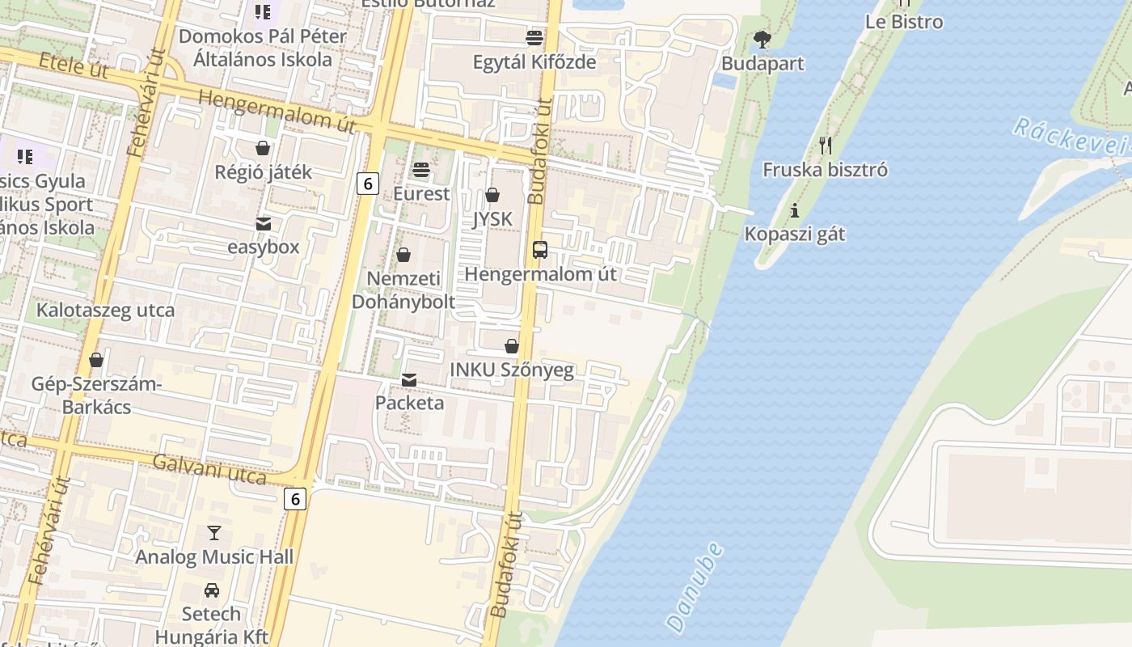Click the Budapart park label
tap(762, 63)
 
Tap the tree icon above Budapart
tap(762, 39)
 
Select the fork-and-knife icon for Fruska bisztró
tap(825, 146)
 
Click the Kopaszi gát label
tap(794, 235)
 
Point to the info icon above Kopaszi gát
tap(795, 210)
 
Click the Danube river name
tap(694, 587)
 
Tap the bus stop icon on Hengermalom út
tap(540, 250)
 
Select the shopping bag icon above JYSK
tap(492, 195)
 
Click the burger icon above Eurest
tap(420, 170)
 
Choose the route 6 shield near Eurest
tap(367, 184)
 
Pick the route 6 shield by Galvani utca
tap(295, 499)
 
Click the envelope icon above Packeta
tap(409, 379)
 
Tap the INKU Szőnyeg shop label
tap(511, 370)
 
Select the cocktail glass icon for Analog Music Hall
tap(213, 532)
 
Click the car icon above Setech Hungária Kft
tap(211, 590)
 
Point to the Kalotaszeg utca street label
tap(105, 311)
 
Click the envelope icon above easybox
tap(264, 223)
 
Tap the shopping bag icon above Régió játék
tap(263, 148)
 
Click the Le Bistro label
tap(903, 22)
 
